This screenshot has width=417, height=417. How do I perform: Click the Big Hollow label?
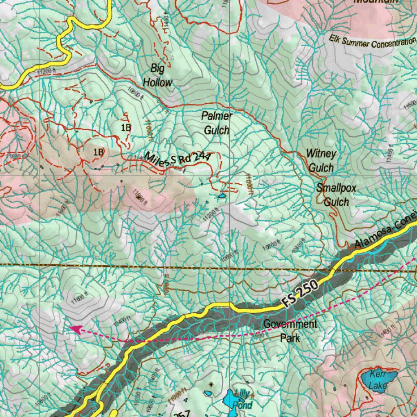157,75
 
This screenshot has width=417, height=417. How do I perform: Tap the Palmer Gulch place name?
217,123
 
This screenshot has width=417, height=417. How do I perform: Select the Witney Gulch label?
321,160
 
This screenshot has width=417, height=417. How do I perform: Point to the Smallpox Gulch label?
336,195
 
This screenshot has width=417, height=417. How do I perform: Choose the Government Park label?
290,331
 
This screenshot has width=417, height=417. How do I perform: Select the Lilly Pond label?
244,399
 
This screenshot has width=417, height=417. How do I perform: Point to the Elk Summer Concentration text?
373,42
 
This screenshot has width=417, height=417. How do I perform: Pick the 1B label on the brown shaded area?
99,152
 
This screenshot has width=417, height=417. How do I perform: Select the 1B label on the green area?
126,127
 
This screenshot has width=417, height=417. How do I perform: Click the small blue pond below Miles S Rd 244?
222,196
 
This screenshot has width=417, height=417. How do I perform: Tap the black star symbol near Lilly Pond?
211,384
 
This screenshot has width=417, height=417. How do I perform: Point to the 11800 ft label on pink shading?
138,197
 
